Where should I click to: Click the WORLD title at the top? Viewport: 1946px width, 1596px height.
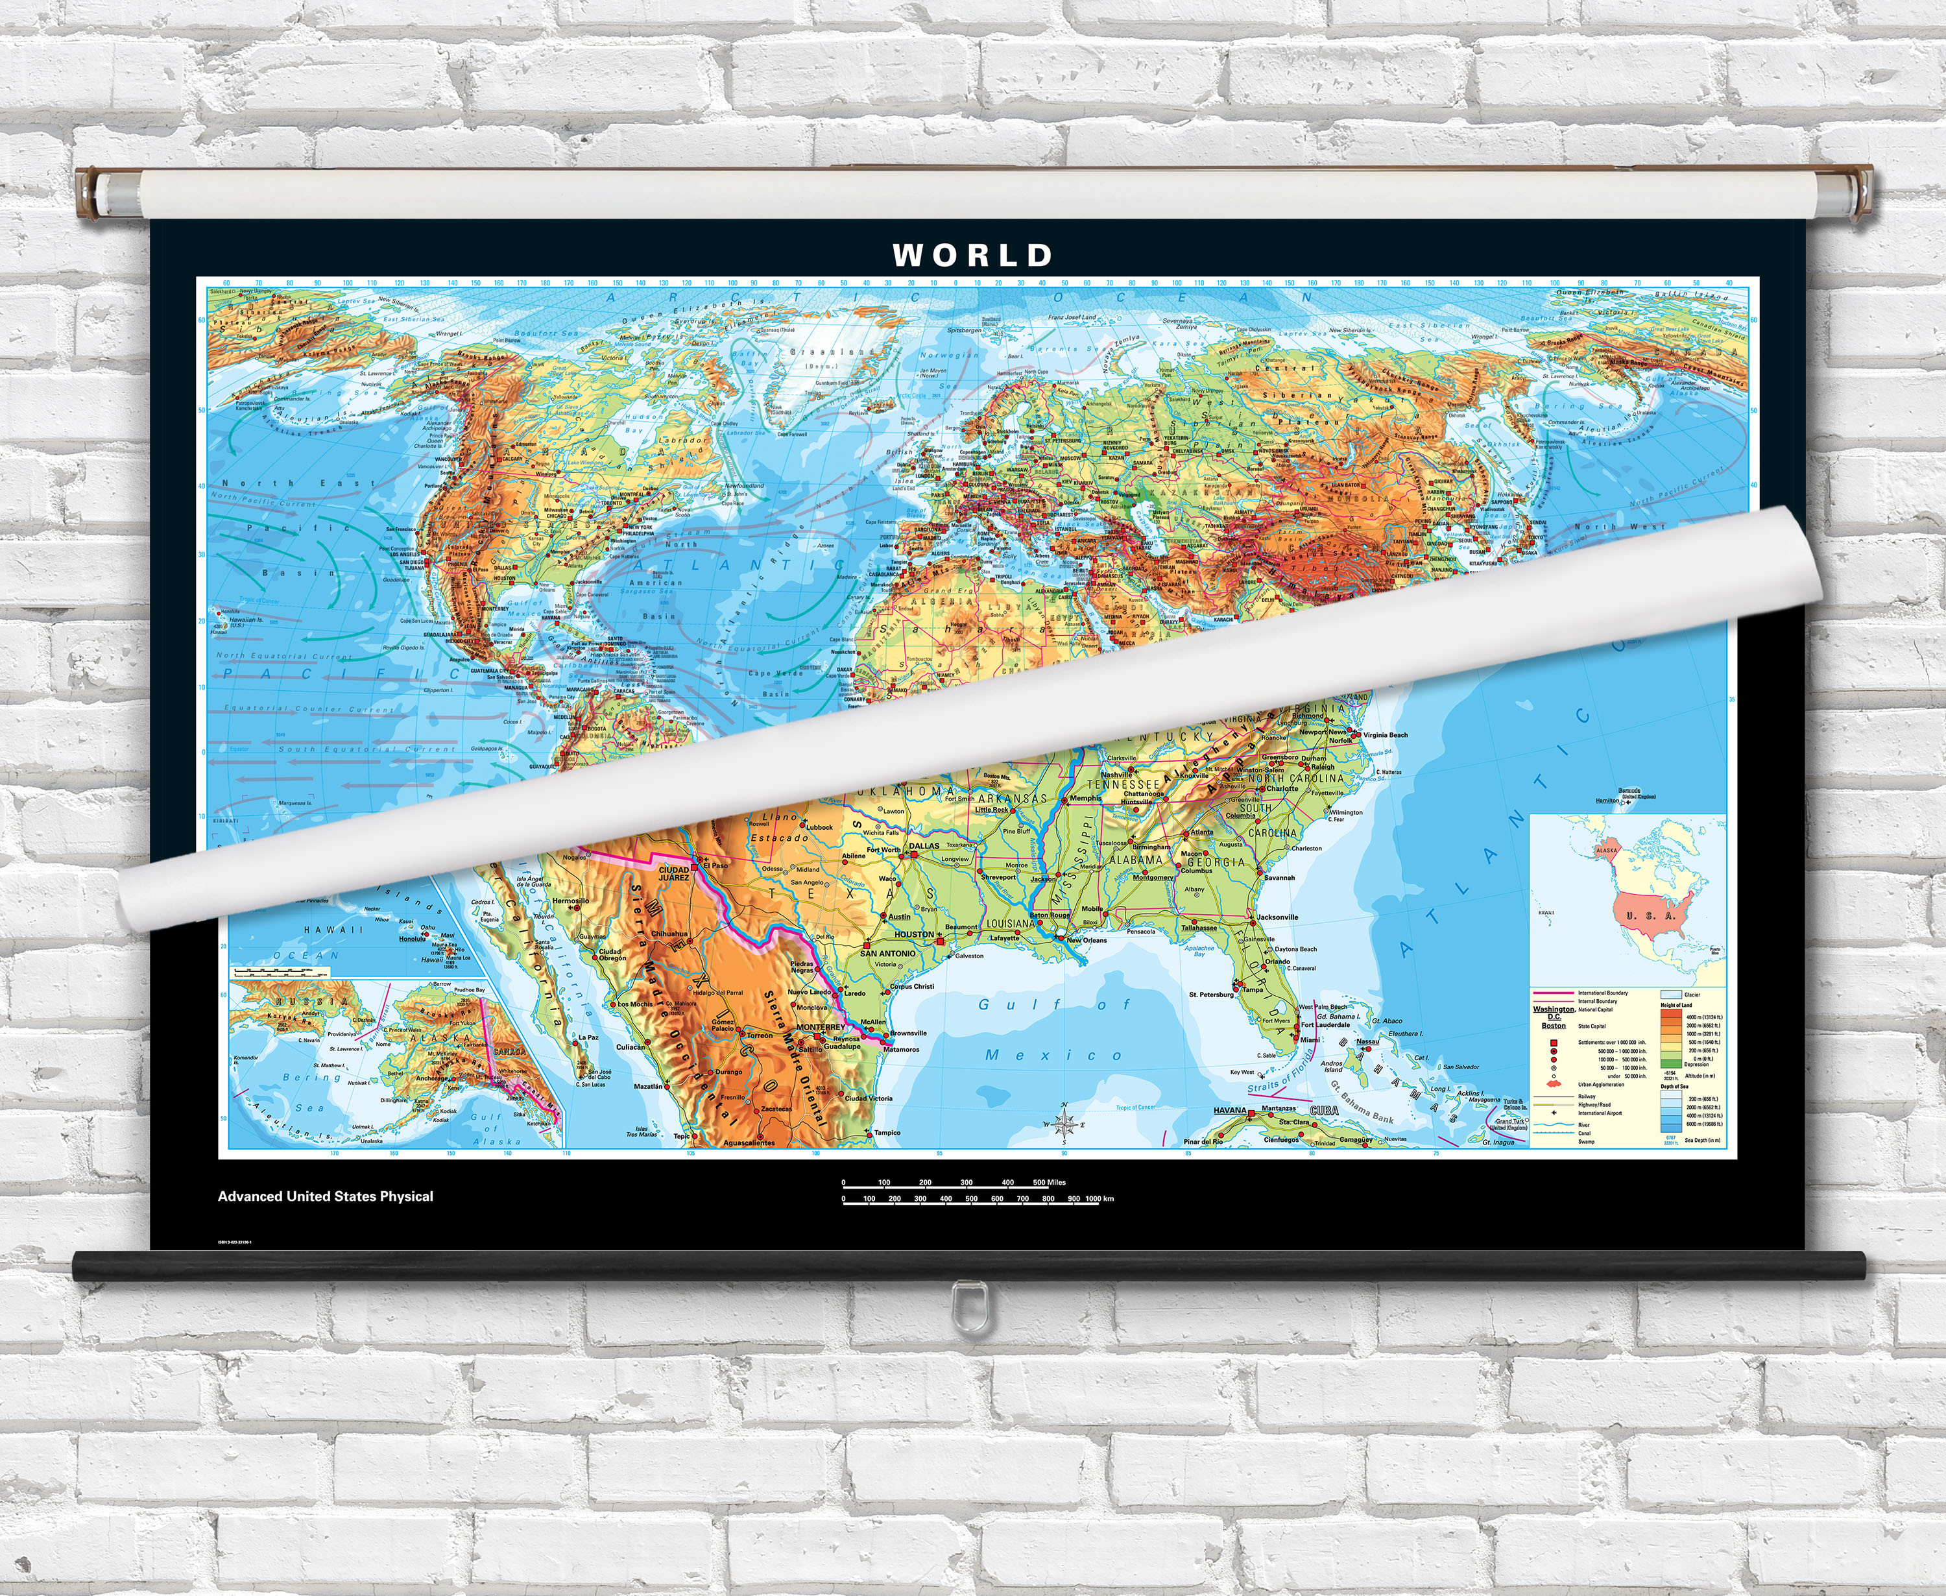972,255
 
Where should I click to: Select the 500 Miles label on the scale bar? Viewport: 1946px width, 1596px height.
1049,1182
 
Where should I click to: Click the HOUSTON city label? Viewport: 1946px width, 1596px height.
914,934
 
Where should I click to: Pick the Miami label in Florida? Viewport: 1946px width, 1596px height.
1310,1040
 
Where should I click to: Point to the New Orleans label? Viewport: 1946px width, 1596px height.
1087,941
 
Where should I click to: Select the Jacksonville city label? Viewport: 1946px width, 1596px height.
1278,917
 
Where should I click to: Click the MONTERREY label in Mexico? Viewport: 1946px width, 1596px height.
820,1027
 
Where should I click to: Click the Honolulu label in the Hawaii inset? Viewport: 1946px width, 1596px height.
412,939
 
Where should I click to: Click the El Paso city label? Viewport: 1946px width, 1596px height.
715,865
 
